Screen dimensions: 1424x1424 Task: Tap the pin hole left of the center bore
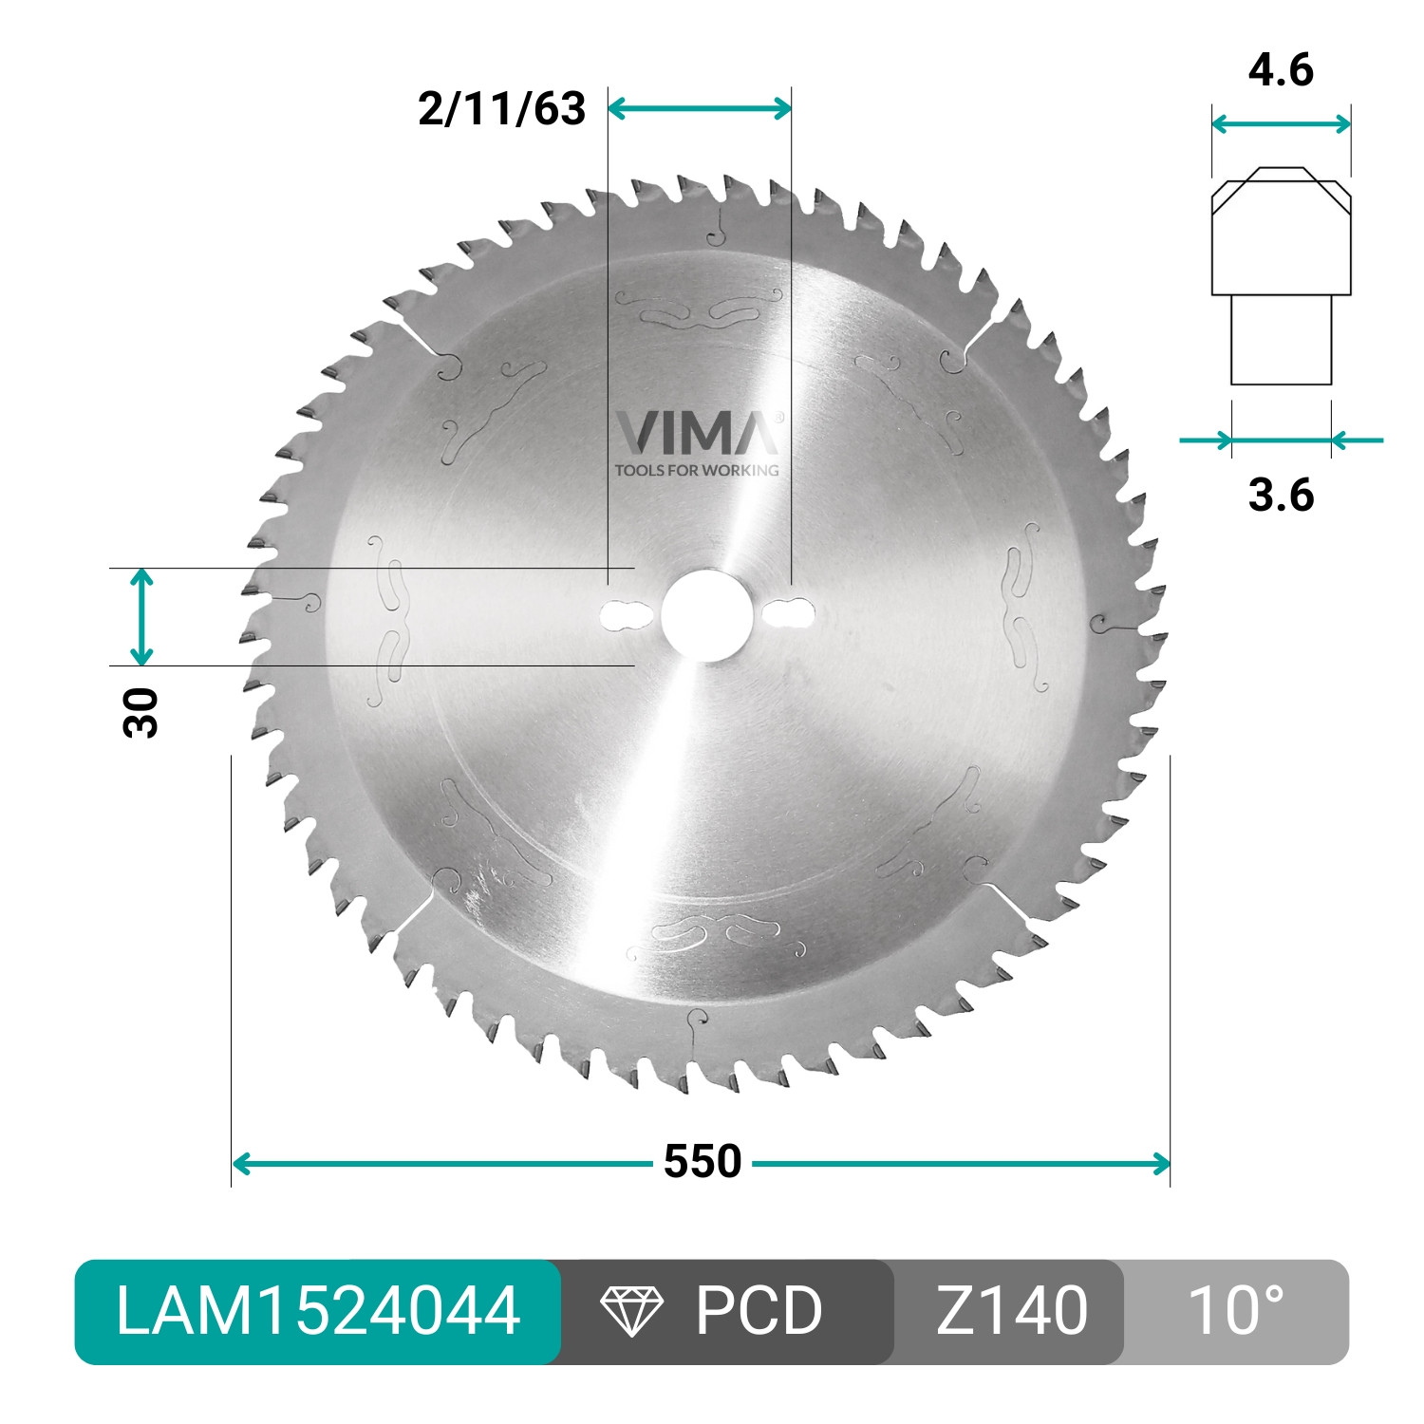click(622, 614)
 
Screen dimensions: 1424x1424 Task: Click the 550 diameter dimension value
click(703, 1161)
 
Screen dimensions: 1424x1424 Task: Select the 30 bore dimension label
click(141, 712)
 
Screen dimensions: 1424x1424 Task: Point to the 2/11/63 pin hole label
click(501, 109)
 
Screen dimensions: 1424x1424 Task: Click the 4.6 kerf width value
click(1280, 70)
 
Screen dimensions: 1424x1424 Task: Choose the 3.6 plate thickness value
click(1281, 495)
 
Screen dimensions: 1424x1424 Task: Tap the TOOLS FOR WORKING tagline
click(697, 470)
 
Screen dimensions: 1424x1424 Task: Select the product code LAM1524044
click(317, 1311)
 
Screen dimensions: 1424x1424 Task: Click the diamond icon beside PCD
click(631, 1311)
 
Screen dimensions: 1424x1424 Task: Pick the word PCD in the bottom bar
click(758, 1311)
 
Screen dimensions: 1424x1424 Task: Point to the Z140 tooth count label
click(1011, 1311)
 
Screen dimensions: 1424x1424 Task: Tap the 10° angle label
click(1235, 1311)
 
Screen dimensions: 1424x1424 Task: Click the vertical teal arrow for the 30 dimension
click(141, 617)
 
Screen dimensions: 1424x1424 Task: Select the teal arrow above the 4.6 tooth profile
click(1281, 123)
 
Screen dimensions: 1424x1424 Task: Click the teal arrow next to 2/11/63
click(699, 108)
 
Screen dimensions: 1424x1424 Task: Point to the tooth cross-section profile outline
click(1281, 275)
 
